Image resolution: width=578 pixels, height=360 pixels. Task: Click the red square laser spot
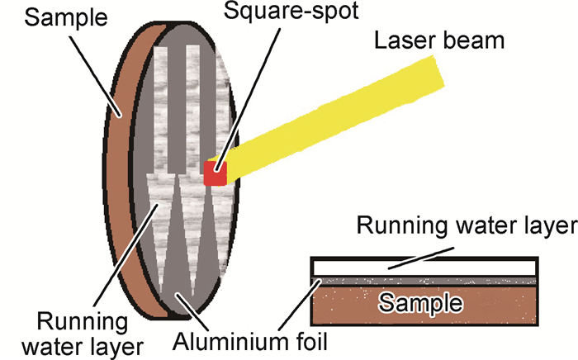tap(215, 173)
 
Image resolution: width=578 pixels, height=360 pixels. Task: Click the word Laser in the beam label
tap(404, 40)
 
